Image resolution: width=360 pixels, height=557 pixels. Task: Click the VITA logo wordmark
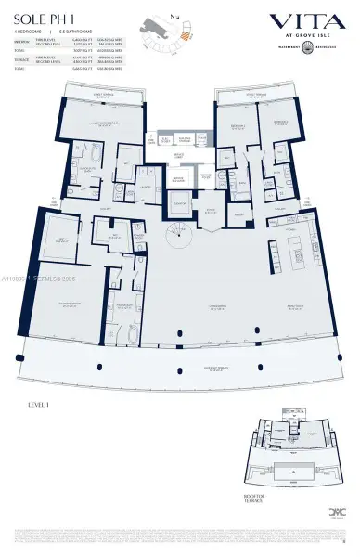pos(304,20)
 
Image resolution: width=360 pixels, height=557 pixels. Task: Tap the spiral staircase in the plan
pos(176,231)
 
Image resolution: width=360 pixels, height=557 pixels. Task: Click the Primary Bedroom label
pos(71,304)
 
